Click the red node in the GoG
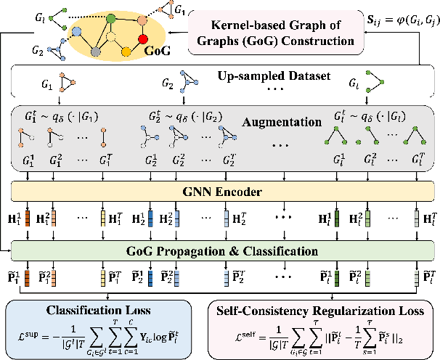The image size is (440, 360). click(x=142, y=39)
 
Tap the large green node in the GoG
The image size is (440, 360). click(x=111, y=17)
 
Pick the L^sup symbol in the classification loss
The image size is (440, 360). click(x=28, y=335)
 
